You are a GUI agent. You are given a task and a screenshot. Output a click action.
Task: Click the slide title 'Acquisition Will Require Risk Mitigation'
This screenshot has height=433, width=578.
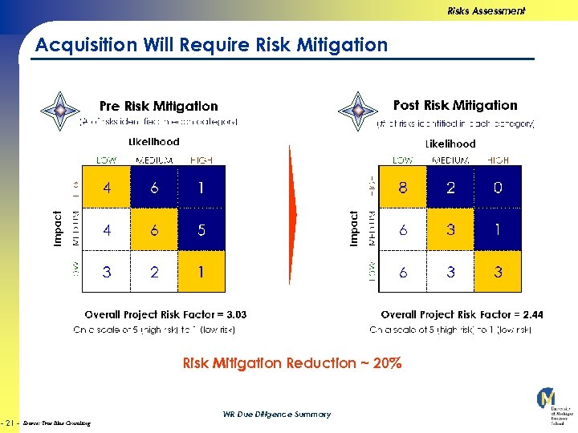[211, 45]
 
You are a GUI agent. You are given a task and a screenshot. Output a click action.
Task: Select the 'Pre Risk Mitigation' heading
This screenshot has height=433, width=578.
[158, 106]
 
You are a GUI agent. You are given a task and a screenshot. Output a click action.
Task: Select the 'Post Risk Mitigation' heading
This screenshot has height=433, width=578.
[455, 105]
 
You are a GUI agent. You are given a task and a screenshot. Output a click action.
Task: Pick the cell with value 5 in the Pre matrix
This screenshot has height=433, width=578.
[201, 230]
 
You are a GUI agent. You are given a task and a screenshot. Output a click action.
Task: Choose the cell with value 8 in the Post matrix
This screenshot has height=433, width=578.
[403, 188]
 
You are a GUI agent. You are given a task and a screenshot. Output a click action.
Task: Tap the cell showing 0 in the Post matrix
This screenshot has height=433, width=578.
[498, 188]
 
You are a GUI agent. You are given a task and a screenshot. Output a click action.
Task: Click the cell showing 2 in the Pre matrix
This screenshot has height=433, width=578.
[154, 272]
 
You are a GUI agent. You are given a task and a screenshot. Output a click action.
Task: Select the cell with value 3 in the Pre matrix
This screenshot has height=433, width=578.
[107, 272]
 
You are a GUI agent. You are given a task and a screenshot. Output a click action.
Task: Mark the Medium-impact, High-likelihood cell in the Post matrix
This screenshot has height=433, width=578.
[498, 230]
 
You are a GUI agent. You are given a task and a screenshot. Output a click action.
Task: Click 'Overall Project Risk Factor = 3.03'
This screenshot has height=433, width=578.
[165, 315]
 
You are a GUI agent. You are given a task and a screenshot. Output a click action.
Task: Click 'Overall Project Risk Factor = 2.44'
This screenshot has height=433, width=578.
[462, 315]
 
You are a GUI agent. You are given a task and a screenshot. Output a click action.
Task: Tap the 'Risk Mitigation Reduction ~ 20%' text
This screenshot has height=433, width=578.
[292, 363]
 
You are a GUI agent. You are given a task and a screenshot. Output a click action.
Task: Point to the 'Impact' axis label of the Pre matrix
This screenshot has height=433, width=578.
[57, 229]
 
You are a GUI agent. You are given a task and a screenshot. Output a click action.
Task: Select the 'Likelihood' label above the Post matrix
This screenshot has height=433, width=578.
[450, 144]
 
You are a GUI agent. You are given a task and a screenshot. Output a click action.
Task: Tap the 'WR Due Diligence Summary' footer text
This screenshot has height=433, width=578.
[276, 415]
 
